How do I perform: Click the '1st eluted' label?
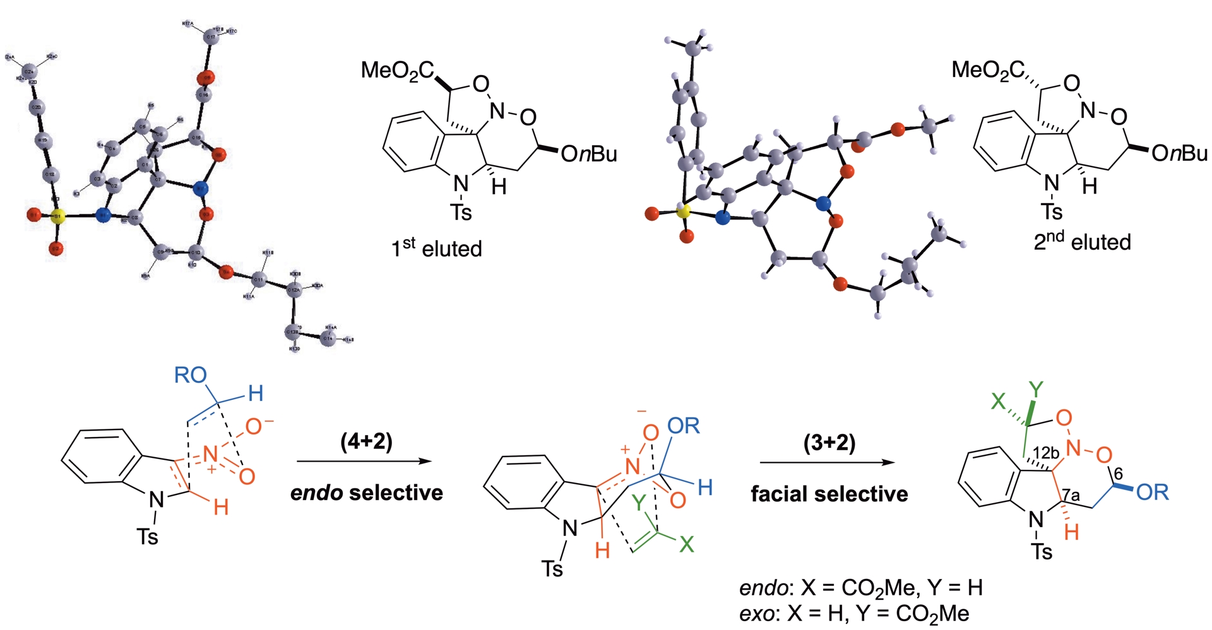(436, 248)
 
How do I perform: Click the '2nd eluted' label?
(1082, 241)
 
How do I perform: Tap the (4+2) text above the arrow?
(366, 442)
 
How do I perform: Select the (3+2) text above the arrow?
(829, 443)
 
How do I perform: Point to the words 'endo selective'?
(366, 493)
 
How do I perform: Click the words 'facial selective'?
(829, 494)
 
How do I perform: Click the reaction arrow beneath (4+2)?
(364, 462)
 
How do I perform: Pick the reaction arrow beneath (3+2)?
(827, 462)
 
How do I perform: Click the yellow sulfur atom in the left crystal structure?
(57, 218)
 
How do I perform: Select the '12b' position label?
(1046, 453)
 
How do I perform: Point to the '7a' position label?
(1072, 496)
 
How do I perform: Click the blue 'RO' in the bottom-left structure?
(190, 376)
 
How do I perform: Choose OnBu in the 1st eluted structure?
(588, 154)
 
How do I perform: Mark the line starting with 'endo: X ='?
(860, 588)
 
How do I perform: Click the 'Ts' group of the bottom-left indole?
(148, 537)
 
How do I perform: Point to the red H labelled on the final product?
(1071, 532)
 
